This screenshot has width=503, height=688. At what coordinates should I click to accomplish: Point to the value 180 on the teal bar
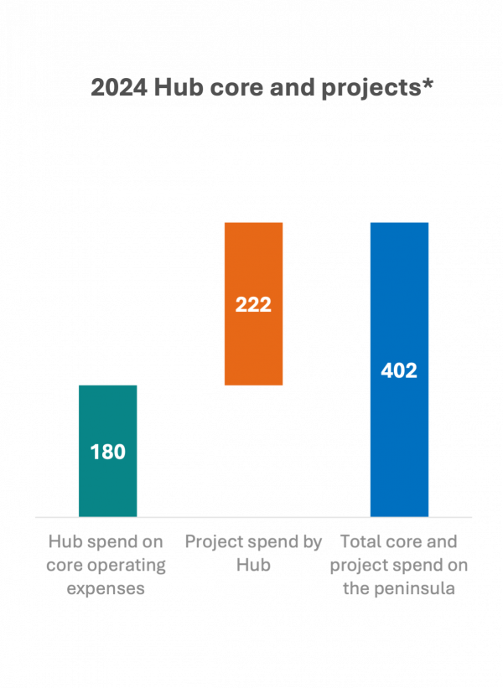(107, 453)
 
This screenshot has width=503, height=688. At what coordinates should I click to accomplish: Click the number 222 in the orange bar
(253, 305)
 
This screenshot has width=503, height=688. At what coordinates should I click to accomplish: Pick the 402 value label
(399, 370)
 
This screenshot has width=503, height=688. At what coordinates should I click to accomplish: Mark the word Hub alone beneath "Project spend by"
(253, 565)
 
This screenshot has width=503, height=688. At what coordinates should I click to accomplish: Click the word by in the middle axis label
(311, 542)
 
